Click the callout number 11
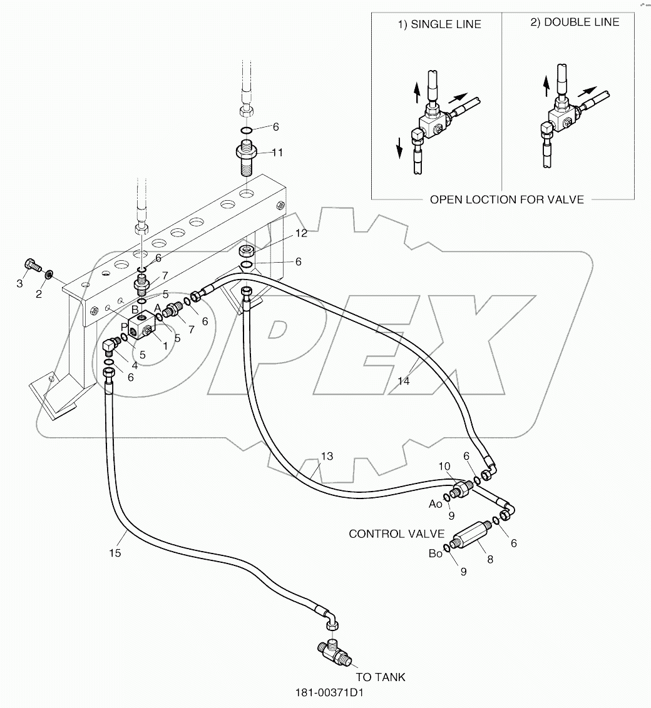coord(276,152)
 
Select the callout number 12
coord(301,233)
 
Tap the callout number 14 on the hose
coord(404,381)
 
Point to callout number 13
coord(328,456)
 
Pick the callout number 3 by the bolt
coord(19,284)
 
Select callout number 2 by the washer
coord(38,293)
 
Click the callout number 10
coord(444,466)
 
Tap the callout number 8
coord(490,560)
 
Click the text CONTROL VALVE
coord(396,534)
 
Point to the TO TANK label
coord(381,677)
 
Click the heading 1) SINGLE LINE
coord(440,24)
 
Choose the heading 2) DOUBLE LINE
coord(575,23)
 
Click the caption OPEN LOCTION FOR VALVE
coord(506,200)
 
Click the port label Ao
coord(436,503)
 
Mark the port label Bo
coord(436,553)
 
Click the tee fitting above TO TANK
coord(334,651)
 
